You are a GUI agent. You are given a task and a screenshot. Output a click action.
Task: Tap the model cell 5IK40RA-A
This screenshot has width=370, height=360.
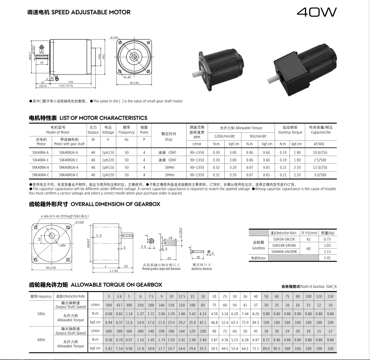pos(41,152)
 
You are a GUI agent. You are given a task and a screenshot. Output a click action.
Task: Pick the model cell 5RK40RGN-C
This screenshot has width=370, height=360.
pos(69,175)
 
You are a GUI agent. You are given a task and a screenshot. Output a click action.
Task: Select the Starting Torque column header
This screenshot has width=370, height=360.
pos(289,129)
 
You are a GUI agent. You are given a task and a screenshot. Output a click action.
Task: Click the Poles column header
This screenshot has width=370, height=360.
pos(144,129)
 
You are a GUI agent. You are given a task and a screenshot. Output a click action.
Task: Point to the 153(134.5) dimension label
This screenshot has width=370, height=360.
pos(54,86)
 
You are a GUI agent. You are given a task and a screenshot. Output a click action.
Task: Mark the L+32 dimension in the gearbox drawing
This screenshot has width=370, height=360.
pos(113,270)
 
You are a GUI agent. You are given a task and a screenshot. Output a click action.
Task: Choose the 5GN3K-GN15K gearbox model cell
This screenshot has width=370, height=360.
pos(284,238)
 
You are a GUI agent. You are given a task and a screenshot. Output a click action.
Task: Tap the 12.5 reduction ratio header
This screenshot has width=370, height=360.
pos(182,296)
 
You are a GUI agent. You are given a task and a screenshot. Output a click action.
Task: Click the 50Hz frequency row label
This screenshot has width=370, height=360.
pos(41,313)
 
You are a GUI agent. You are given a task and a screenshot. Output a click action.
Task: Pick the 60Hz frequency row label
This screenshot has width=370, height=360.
pos(41,339)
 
